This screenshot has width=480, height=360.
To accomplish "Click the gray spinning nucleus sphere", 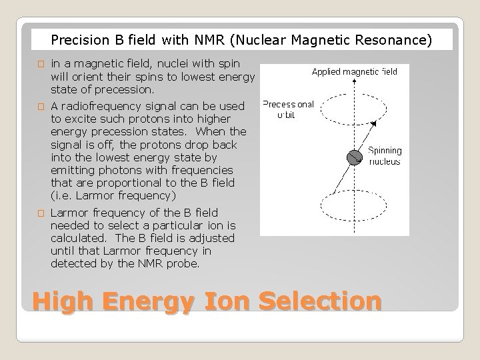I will coord(353,158).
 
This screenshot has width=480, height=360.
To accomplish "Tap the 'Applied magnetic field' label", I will coord(354,71).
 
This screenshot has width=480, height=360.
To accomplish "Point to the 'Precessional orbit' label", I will coord(288,109).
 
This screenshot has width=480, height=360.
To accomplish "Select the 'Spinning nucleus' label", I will coord(385,156).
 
